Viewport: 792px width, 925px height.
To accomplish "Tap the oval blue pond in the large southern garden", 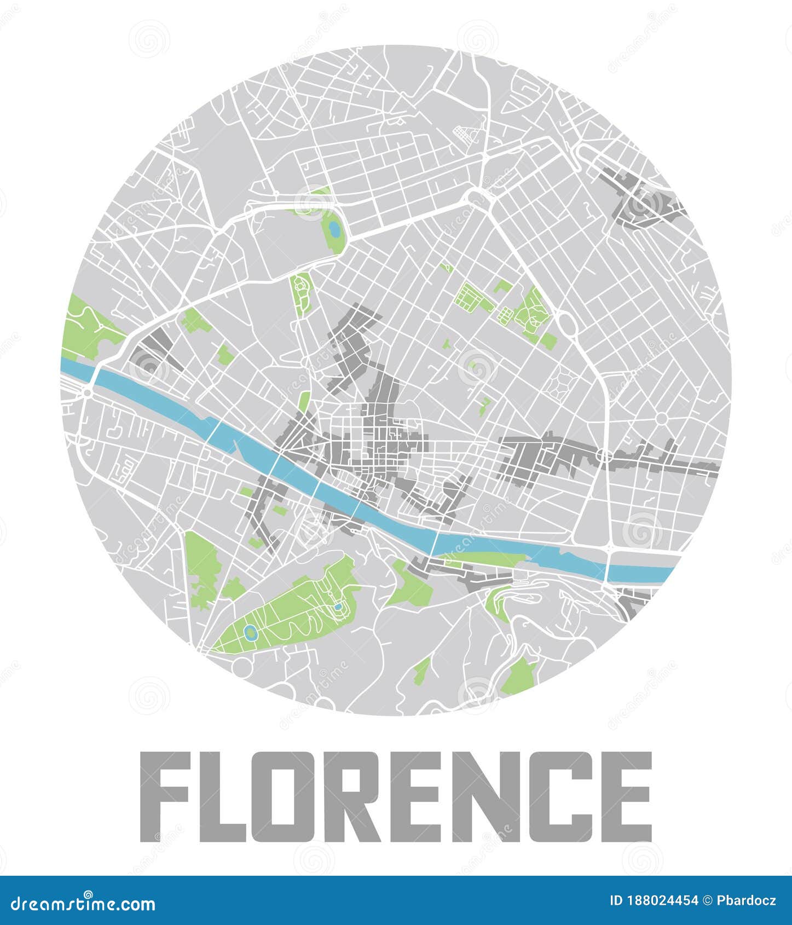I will pos(251,633).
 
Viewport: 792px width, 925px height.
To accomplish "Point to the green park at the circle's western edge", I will pos(88,328).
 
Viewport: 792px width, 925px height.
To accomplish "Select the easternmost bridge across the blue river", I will pos(608,566).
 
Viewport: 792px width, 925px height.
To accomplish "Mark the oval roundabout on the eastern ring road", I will pos(566,326).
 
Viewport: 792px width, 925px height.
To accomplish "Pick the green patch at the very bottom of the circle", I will pos(517,676).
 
